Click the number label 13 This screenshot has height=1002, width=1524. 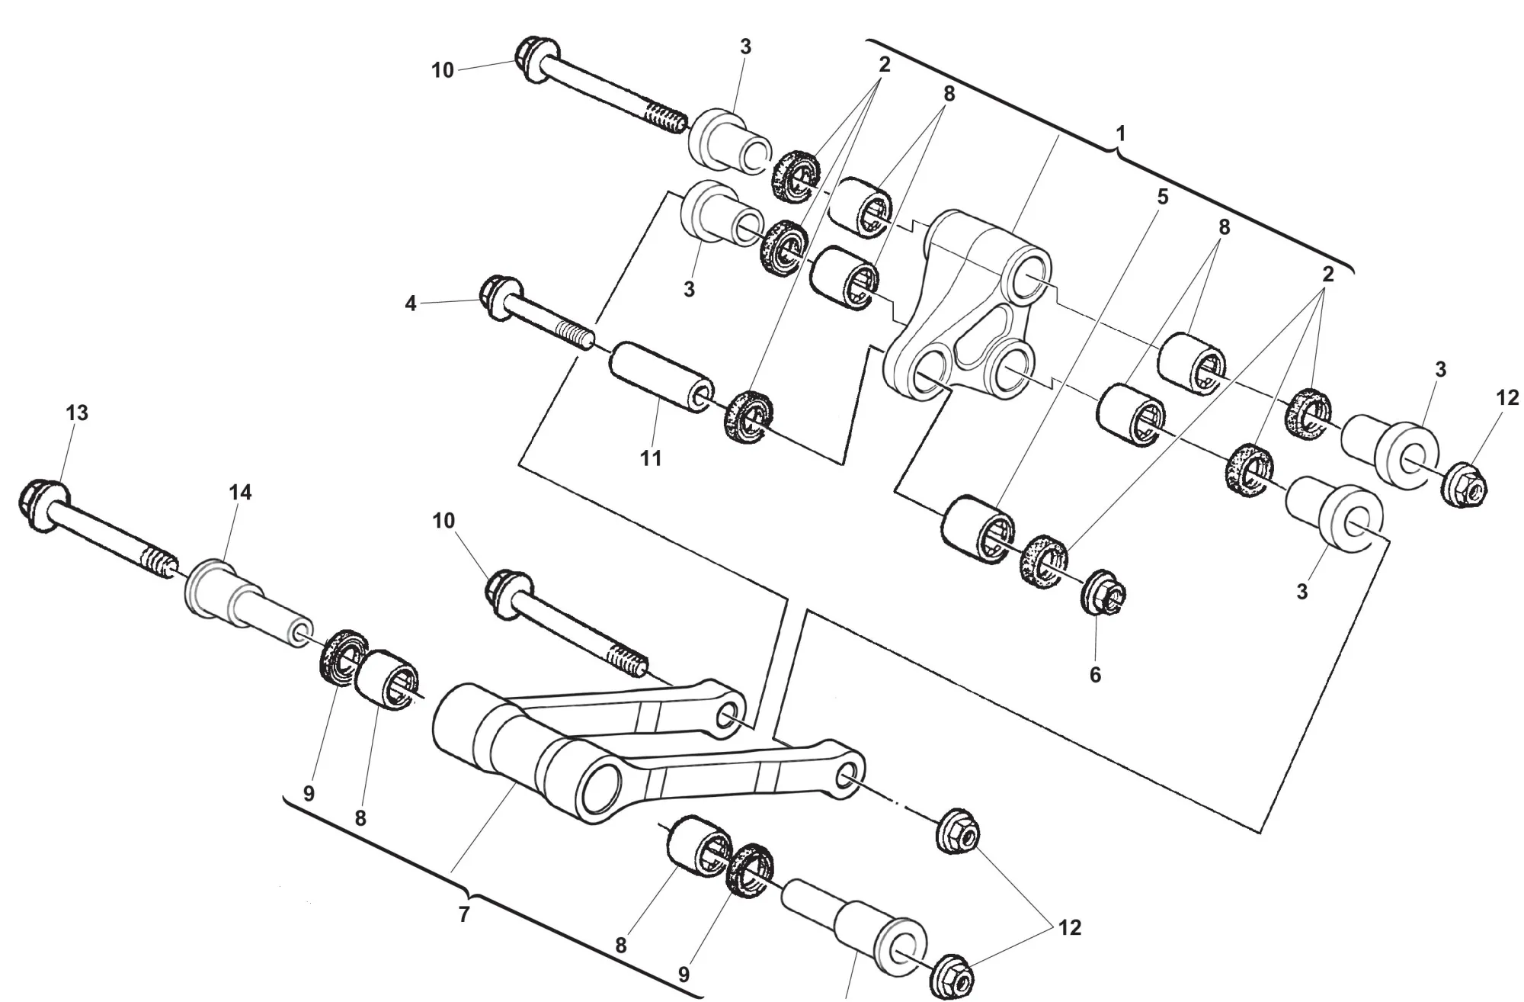click(x=77, y=413)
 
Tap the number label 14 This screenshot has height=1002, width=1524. click(x=240, y=493)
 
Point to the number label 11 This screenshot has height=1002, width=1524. click(x=651, y=458)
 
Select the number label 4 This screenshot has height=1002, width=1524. click(x=411, y=303)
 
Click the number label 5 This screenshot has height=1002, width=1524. click(x=1162, y=197)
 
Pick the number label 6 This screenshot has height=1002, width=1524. click(x=1095, y=674)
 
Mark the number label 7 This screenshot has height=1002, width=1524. click(x=464, y=914)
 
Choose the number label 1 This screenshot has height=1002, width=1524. click(x=1120, y=133)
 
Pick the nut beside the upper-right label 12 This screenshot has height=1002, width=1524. click(x=1462, y=483)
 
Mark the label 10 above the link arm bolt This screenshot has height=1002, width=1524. click(x=443, y=521)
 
